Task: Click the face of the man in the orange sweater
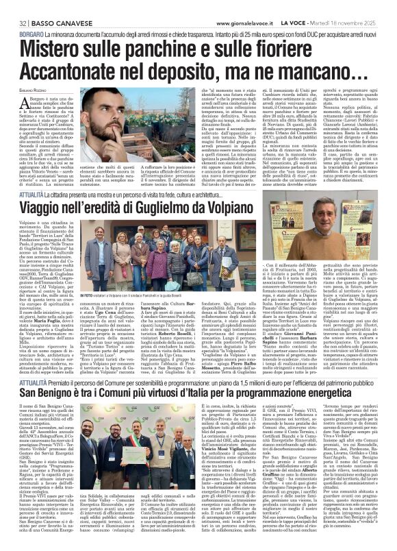coord(335,225)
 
